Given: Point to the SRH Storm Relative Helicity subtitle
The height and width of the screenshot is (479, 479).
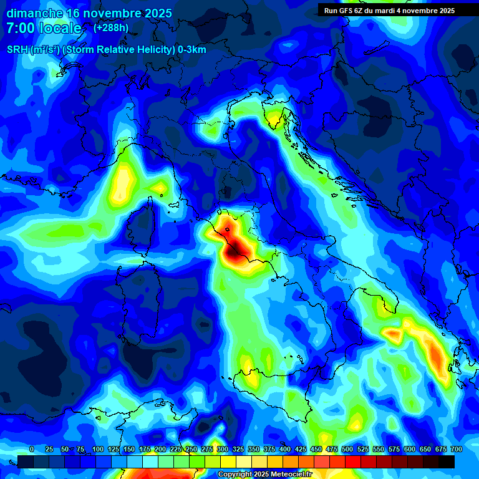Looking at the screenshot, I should point(107,50).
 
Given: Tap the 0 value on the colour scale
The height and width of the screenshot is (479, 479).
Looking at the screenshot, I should point(32,449).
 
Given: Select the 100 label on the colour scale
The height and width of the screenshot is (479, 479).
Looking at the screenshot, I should point(97,449).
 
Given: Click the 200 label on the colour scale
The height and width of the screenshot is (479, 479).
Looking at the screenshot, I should point(160,449).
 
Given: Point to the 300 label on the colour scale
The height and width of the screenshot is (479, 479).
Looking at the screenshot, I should point(222,449).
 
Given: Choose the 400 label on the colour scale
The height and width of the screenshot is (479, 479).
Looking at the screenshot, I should point(284,449).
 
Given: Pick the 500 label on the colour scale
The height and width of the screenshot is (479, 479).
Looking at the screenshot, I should point(347,449).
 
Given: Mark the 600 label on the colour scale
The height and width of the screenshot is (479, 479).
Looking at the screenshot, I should point(409,449).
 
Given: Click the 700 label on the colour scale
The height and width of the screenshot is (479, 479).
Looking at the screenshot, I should point(456,449).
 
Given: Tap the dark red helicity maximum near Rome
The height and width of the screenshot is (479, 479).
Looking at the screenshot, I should point(237,249).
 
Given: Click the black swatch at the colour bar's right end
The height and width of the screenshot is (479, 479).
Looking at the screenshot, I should point(447,462).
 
